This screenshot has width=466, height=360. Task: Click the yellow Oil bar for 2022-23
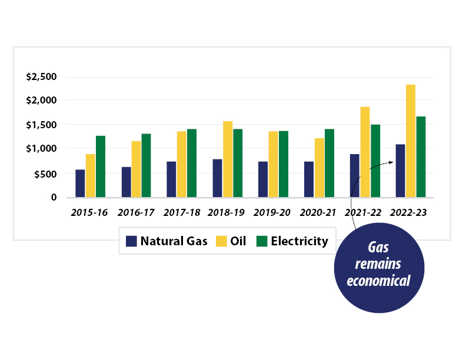pyautogui.click(x=411, y=141)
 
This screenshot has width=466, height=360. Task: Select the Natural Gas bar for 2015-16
pyautogui.click(x=80, y=184)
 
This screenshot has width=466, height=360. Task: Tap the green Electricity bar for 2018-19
pyautogui.click(x=238, y=163)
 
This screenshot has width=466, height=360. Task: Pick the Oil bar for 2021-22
pyautogui.click(x=365, y=152)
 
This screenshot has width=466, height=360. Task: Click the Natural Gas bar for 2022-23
pyautogui.click(x=400, y=171)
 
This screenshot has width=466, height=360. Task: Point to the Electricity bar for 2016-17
pyautogui.click(x=147, y=165)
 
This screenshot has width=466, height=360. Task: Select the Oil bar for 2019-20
pyautogui.click(x=274, y=164)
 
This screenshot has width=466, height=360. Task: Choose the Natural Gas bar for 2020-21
pyautogui.click(x=309, y=179)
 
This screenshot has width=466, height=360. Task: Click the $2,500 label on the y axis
pyautogui.click(x=41, y=76)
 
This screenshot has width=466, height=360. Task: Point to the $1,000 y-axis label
pyautogui.click(x=41, y=148)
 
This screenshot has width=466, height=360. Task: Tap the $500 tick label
pyautogui.click(x=45, y=174)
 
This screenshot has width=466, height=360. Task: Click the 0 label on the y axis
pyautogui.click(x=54, y=197)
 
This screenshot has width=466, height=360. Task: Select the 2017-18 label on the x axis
pyautogui.click(x=182, y=212)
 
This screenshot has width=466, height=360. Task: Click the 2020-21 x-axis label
pyautogui.click(x=318, y=212)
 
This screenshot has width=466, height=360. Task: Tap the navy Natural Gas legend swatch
pyautogui.click(x=131, y=241)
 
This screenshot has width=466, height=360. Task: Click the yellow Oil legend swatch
pyautogui.click(x=221, y=241)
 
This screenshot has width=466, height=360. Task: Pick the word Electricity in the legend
pyautogui.click(x=299, y=241)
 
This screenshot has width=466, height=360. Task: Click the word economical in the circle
pyautogui.click(x=379, y=281)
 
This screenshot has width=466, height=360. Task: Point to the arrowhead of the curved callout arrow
pyautogui.click(x=391, y=162)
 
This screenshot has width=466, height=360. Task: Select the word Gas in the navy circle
pyautogui.click(x=378, y=248)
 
